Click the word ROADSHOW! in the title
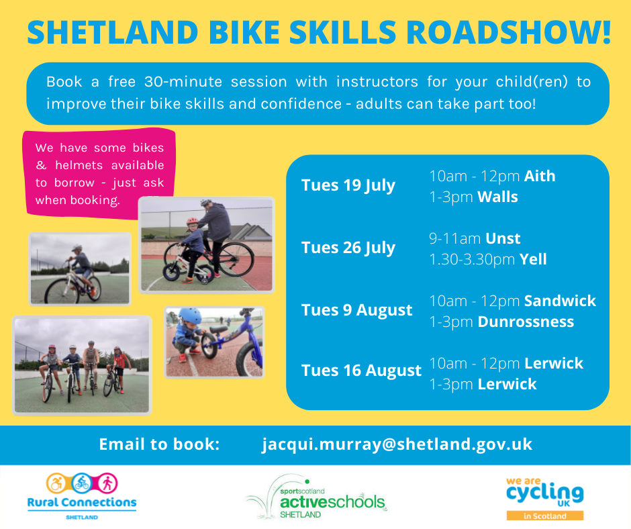pos(509,32)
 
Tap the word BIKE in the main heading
pos(244,32)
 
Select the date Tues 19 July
pos(348,185)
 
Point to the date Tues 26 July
pos(348,248)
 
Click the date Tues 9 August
pos(357,310)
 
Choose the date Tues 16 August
pos(361,371)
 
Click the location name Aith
pos(540,176)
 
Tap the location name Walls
pos(497,197)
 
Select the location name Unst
pos(503,238)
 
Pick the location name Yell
pos(533,259)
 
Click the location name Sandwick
pos(560,301)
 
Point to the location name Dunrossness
pos(526,322)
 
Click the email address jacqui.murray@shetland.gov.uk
pos(397,444)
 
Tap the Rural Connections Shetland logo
pos(82,496)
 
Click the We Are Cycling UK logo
pos(545,498)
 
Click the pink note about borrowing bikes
pos(99,174)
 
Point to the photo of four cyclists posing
pos(82,366)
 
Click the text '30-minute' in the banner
pos(183,82)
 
